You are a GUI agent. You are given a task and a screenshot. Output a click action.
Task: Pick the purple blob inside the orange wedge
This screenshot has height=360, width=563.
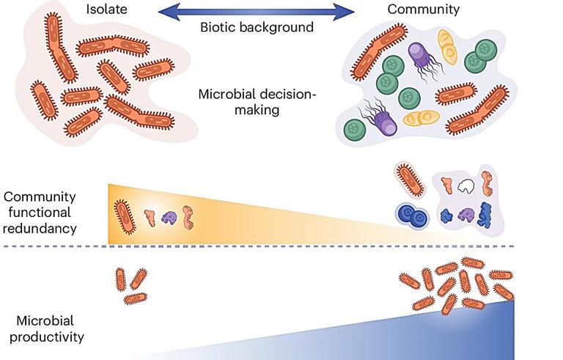click(x=169, y=217)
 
